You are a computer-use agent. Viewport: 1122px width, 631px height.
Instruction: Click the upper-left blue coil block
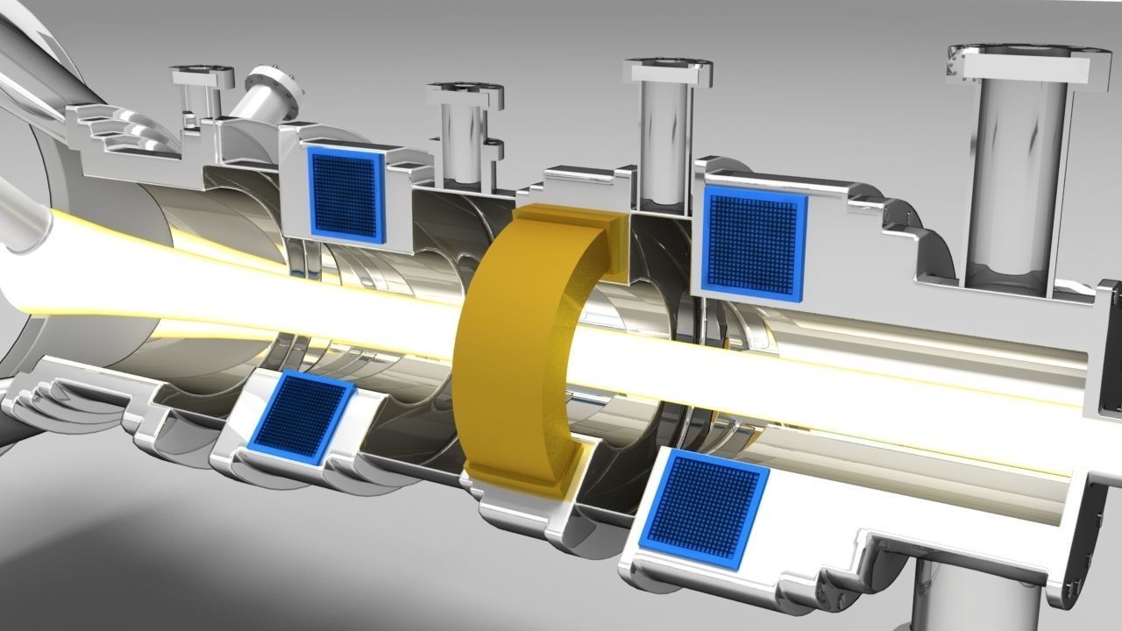click(347, 194)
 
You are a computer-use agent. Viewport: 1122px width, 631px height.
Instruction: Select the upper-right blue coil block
click(754, 242)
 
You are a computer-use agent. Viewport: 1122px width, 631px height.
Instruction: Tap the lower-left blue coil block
click(300, 415)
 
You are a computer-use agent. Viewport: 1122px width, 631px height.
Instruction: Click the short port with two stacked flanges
click(465, 123)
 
